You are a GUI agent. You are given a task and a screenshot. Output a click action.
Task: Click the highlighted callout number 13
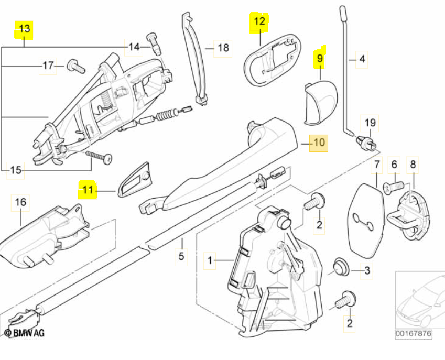[24, 29]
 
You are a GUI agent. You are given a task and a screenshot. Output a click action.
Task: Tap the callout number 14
[134, 47]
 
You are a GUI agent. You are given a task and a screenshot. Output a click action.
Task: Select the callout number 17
[48, 66]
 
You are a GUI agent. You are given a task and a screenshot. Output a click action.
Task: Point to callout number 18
[223, 48]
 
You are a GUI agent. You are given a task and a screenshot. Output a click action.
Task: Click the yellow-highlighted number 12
[260, 21]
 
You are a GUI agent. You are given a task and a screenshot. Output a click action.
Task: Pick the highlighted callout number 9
[319, 58]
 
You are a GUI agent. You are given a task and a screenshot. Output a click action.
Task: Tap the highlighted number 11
[88, 190]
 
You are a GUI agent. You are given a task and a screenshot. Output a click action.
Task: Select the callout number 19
[370, 124]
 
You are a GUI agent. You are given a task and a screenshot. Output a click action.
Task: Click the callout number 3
[367, 270]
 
